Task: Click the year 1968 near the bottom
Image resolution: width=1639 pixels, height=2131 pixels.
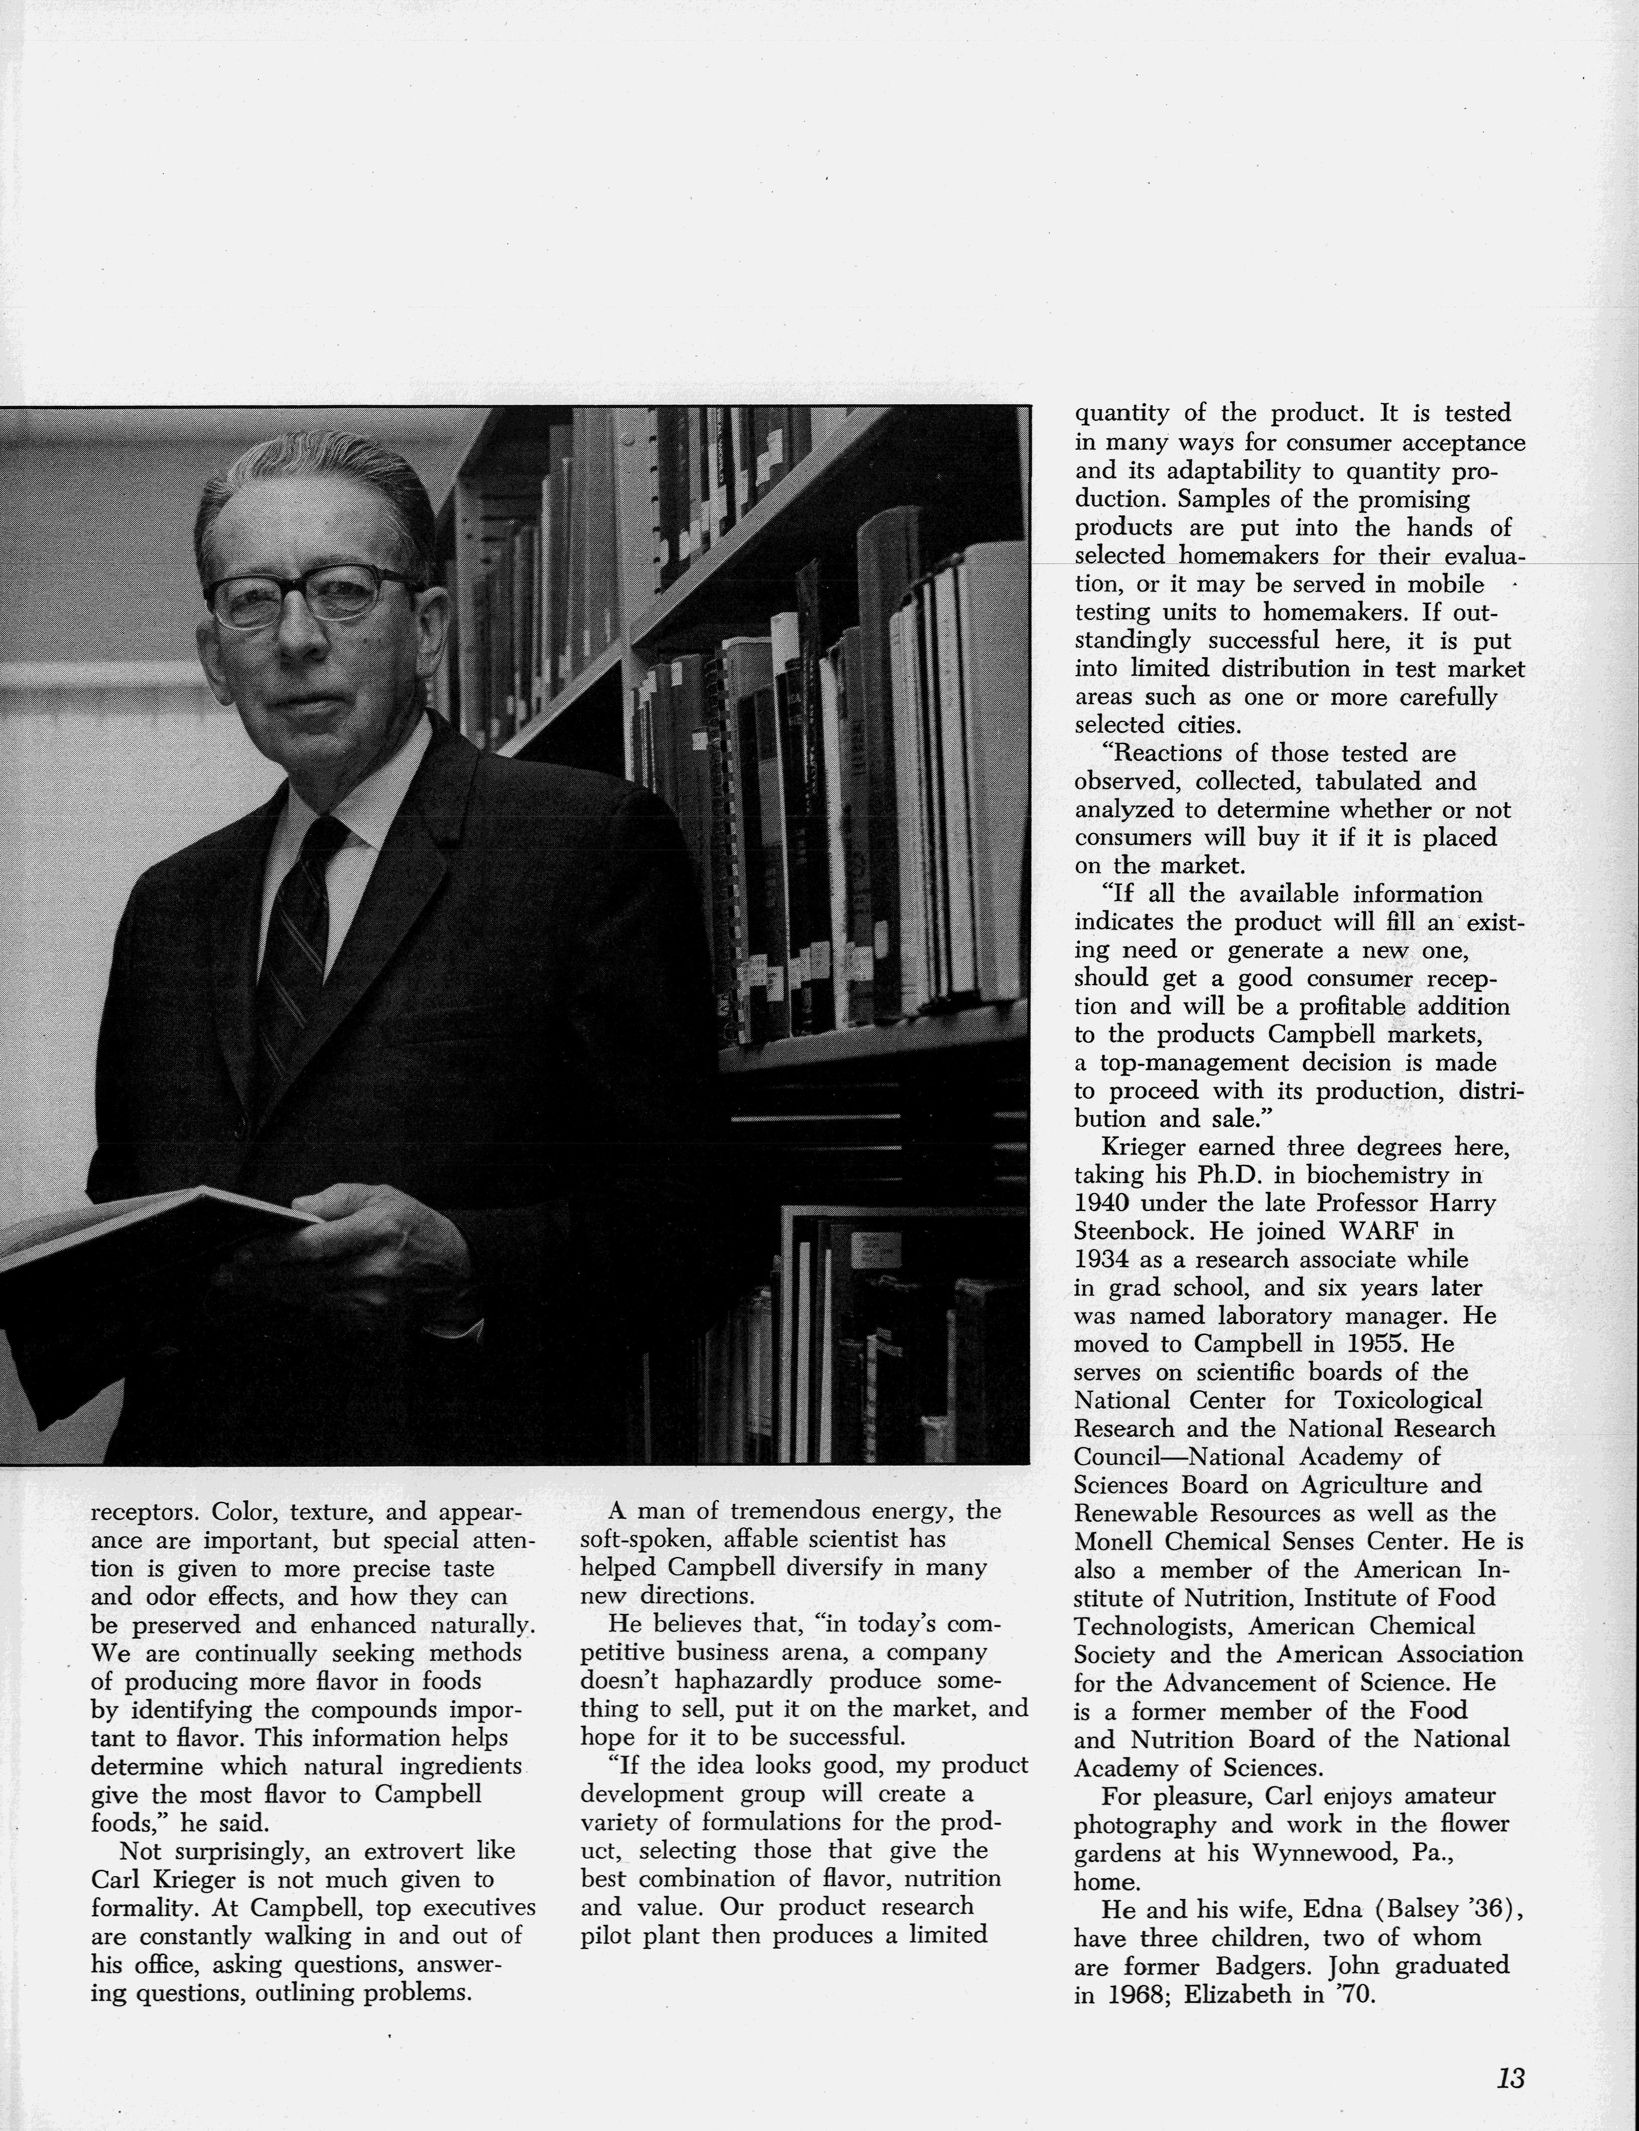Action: pos(1136,1994)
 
